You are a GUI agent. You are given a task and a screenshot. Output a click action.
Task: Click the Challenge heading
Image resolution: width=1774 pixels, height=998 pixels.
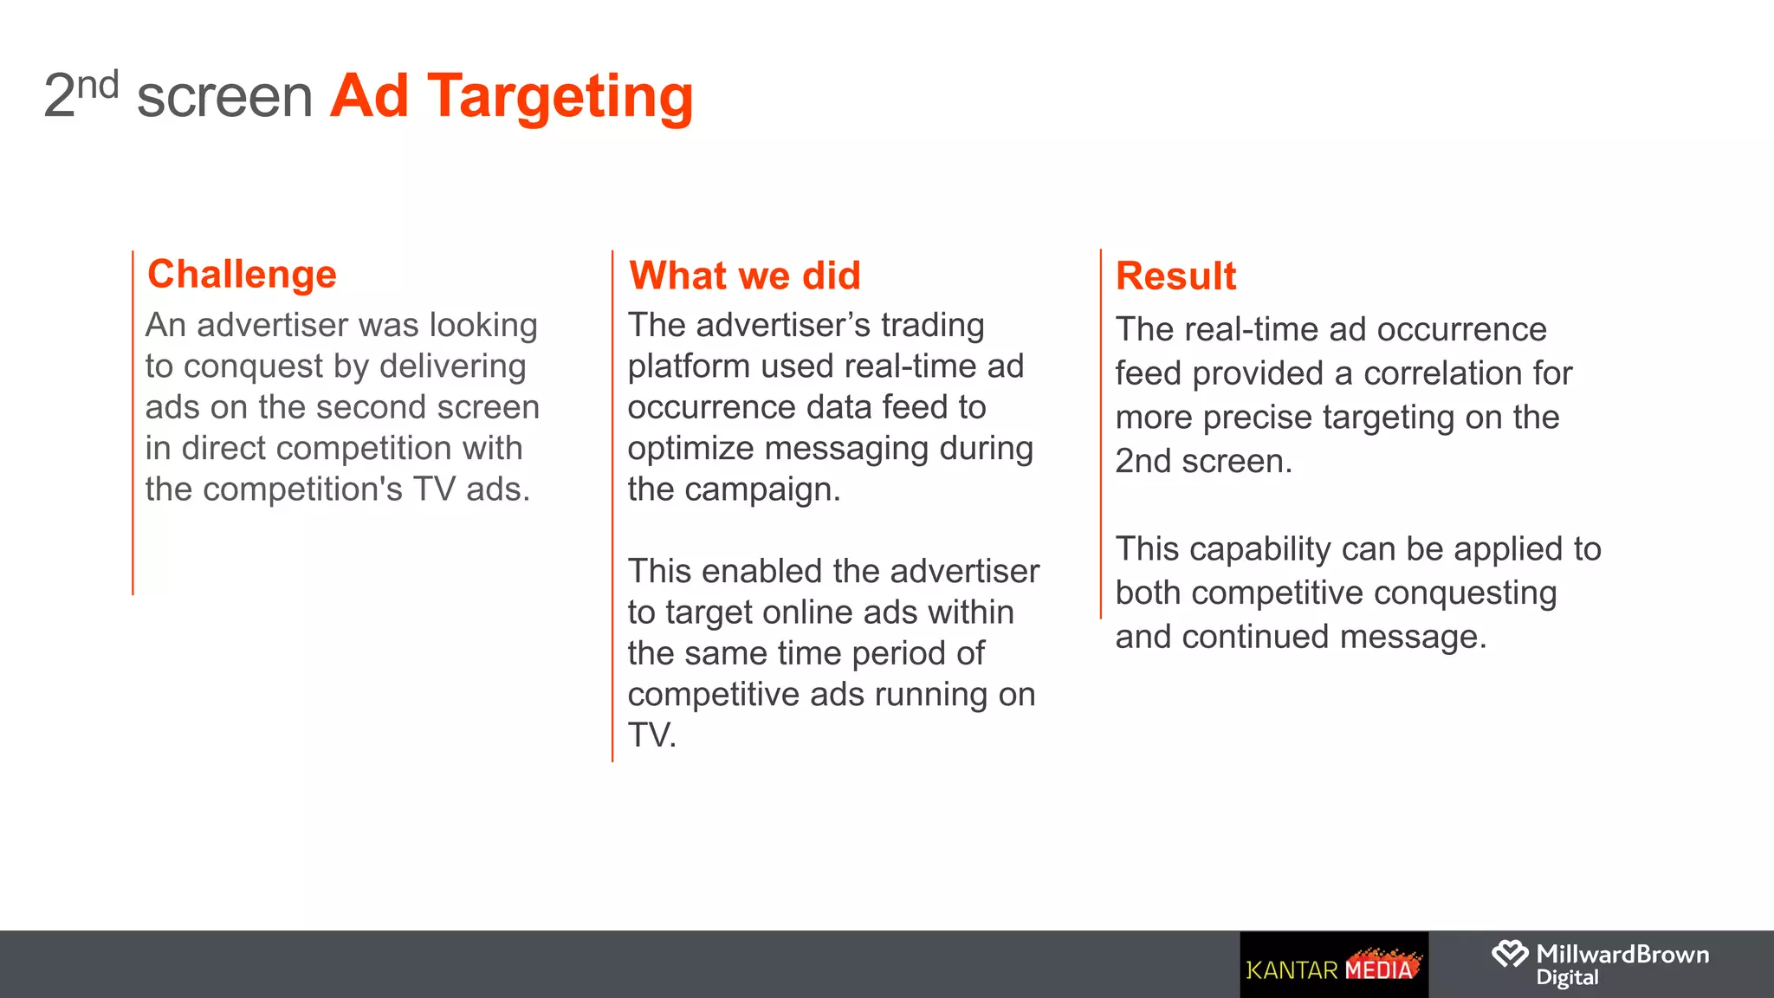(x=242, y=275)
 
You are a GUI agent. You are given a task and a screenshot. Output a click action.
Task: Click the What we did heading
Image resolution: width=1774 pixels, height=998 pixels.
(x=745, y=275)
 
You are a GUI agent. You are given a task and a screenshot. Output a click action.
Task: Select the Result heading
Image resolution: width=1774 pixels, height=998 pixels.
(x=1175, y=276)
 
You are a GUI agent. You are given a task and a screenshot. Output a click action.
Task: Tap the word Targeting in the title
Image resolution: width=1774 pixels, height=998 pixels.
(x=560, y=95)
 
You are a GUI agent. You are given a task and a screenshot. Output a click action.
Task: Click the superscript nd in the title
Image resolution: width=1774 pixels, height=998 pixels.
(x=97, y=86)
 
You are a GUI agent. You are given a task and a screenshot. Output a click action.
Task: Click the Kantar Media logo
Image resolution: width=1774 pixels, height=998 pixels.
(x=1333, y=965)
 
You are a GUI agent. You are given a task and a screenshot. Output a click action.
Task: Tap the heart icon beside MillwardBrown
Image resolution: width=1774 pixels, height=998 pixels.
(x=1509, y=955)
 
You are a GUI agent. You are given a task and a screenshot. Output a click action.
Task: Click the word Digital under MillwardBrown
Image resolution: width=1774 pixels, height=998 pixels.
(x=1567, y=978)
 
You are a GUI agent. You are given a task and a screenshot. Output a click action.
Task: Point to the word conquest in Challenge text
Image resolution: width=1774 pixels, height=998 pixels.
(x=254, y=366)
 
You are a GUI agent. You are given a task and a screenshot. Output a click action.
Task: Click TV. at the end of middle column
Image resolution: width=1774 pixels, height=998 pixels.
(x=651, y=736)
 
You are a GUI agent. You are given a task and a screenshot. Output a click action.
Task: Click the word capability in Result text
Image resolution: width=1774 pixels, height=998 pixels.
(x=1266, y=549)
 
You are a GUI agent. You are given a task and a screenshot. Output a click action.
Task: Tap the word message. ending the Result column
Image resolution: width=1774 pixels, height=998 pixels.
(x=1413, y=638)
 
